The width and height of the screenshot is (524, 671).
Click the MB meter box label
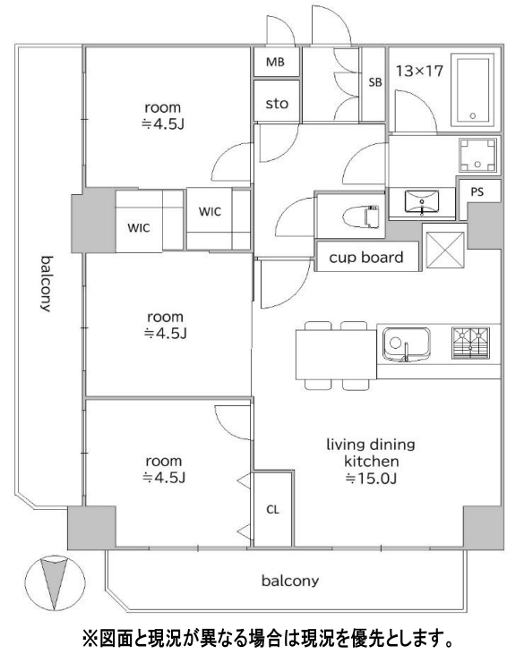tap(275, 62)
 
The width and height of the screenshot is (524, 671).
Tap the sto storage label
tap(277, 104)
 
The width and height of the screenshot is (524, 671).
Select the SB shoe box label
tap(375, 82)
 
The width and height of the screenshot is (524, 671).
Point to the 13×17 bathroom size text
tap(419, 71)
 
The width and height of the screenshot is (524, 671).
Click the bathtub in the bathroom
tap(473, 90)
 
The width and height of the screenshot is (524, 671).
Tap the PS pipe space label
tap(477, 191)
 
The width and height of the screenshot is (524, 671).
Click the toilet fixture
tap(361, 217)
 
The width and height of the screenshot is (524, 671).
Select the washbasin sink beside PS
tap(422, 202)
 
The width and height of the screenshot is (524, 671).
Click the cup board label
tap(366, 257)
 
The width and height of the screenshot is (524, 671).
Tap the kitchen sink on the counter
tap(406, 344)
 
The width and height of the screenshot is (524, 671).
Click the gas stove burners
tap(470, 343)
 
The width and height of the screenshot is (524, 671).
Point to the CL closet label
tap(272, 510)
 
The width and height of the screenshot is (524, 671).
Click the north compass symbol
tap(55, 582)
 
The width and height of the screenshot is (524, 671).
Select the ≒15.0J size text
tap(371, 478)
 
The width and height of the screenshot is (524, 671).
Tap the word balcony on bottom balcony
tap(290, 581)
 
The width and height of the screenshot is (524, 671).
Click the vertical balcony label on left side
tap(47, 284)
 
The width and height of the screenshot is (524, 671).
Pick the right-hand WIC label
tap(210, 211)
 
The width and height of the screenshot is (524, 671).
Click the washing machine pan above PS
tap(477, 155)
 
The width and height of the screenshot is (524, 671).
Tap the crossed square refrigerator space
tap(445, 251)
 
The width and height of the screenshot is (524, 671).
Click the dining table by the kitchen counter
tap(336, 355)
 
